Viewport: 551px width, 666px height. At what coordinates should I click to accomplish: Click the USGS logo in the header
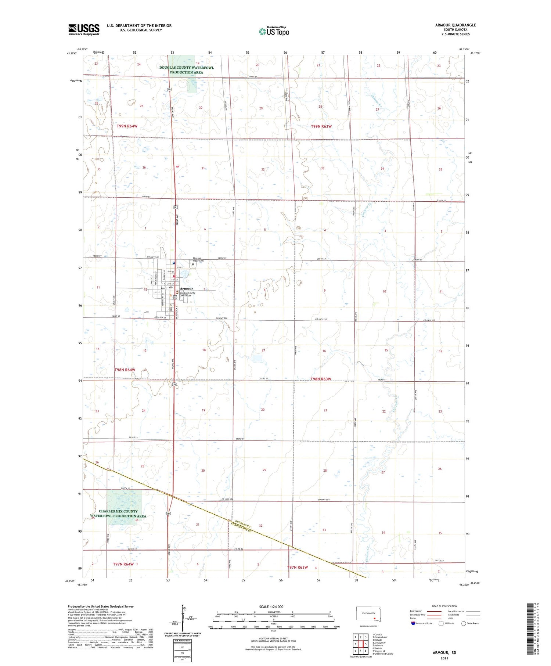click(84, 29)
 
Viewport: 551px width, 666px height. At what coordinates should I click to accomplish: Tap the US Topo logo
click(274, 32)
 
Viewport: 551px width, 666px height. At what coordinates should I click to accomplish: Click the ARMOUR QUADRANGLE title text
click(455, 25)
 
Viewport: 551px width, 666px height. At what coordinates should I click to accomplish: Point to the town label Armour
click(186, 288)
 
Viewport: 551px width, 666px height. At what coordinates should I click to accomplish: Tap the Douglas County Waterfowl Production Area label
click(186, 70)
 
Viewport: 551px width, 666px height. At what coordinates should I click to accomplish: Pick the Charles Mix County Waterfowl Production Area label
click(118, 514)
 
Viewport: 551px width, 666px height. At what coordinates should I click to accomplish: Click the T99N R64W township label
click(127, 126)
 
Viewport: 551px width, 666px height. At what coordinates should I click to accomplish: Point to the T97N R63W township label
click(297, 567)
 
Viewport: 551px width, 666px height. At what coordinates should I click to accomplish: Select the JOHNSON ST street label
click(160, 317)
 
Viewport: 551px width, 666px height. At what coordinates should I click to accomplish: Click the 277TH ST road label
click(253, 77)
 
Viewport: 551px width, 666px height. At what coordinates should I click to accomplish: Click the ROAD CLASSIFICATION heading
click(444, 606)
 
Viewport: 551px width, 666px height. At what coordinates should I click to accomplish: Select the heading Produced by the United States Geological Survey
click(101, 606)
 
